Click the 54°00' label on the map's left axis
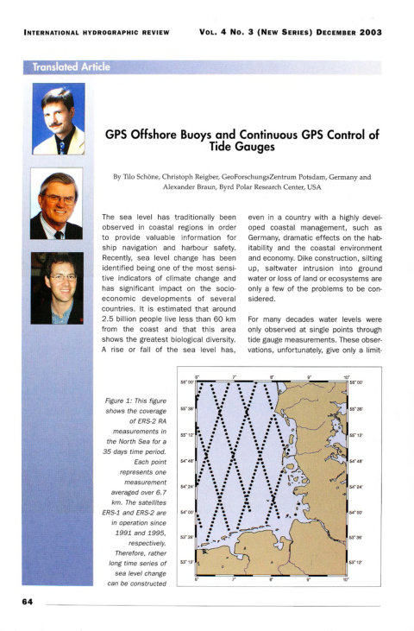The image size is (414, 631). [186, 512]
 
